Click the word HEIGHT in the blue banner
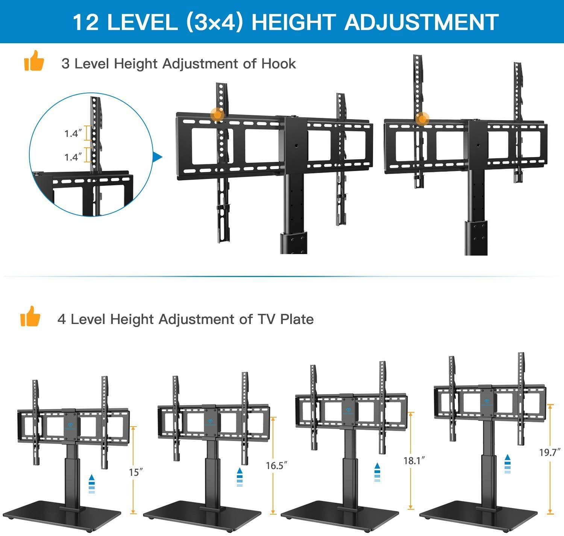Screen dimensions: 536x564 [x=294, y=22]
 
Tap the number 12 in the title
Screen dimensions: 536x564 [x=86, y=22]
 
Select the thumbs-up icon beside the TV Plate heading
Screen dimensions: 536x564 [x=30, y=316]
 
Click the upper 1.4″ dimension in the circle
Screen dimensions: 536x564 [x=73, y=133]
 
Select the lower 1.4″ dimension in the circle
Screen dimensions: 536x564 [x=73, y=157]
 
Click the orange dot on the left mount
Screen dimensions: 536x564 [x=217, y=114]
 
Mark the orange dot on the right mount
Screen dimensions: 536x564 [x=422, y=119]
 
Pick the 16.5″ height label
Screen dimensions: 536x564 [x=277, y=465]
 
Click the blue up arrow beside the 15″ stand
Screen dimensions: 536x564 [x=91, y=484]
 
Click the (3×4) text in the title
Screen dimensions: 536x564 [x=213, y=22]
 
